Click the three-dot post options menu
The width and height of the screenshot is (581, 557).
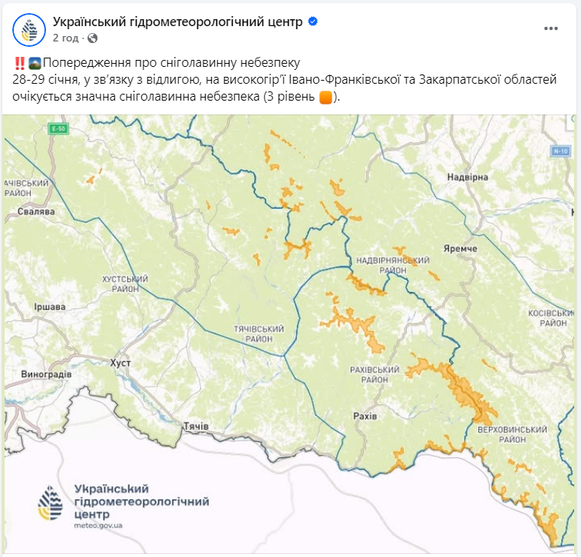coord(551,28)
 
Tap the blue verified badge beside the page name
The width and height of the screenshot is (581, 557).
coord(312,22)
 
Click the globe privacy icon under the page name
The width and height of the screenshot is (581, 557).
coord(93,38)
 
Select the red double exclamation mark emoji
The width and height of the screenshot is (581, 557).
coord(19,63)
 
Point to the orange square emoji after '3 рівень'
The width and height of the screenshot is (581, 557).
coord(325,98)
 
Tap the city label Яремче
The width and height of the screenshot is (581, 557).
coord(461,249)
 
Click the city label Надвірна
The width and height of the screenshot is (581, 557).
coord(468,177)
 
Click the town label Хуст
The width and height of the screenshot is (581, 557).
coord(120,361)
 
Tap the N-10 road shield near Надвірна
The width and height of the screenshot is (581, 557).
coord(560,151)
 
